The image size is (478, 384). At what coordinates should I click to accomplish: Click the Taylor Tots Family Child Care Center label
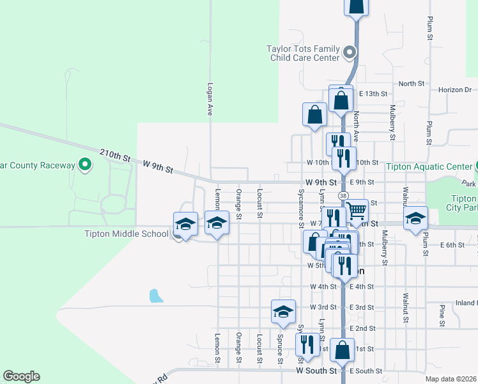point(303,53)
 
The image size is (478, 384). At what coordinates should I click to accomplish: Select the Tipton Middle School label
point(127,234)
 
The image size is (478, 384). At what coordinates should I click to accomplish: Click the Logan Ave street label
point(210,99)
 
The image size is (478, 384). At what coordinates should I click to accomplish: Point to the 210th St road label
point(115,156)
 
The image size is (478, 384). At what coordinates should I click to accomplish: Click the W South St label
point(316,371)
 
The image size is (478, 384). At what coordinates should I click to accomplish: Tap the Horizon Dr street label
point(454,90)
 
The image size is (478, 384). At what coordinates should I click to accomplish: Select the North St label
point(412,84)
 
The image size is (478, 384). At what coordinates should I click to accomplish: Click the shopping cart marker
point(357,209)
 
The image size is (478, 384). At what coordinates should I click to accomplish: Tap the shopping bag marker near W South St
point(343,349)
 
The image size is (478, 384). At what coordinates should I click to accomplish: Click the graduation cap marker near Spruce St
point(283,311)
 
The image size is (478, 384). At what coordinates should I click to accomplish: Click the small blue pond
point(155,296)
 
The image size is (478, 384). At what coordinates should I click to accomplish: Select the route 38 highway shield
point(343,195)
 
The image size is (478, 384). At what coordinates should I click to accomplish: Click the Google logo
point(21,376)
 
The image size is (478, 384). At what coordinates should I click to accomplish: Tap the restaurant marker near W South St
point(307,344)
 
